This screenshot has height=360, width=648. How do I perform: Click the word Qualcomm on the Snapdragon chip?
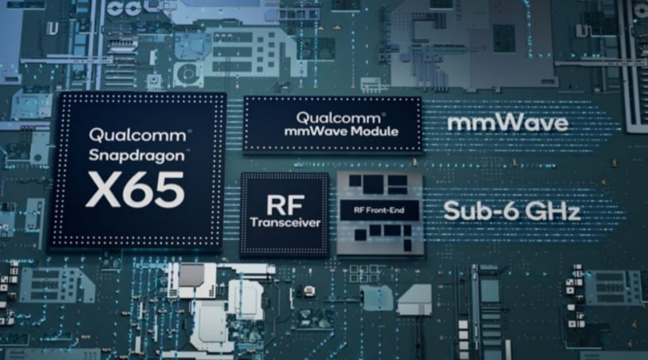coord(137,135)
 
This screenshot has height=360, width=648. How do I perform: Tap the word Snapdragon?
coord(136,156)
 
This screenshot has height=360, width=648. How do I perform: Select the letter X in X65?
coord(103,190)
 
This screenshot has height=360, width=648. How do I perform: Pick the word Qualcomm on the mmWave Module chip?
coord(338,118)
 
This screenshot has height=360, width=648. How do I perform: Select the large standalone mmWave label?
coord(508,123)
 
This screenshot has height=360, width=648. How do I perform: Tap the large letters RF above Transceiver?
coord(285,206)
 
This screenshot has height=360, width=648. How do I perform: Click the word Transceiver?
coord(285,223)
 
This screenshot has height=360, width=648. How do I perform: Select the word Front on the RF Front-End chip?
coord(378,210)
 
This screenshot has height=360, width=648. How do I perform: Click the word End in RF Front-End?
coord(398,210)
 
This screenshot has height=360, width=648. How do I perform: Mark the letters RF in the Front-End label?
coord(358,210)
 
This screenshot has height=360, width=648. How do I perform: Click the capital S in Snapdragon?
coord(95,155)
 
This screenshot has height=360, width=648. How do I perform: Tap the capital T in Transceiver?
coord(254,223)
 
